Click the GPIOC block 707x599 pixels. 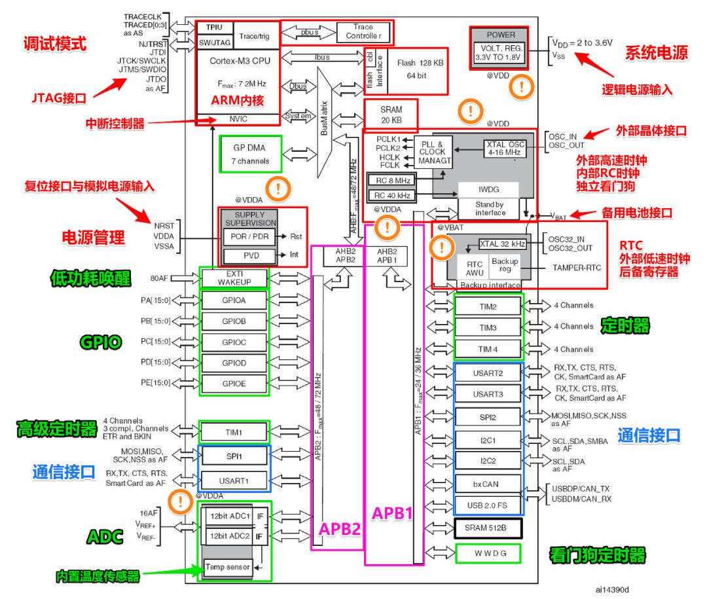click(x=234, y=342)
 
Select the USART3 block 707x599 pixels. click(x=488, y=394)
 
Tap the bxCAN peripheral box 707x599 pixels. click(x=488, y=484)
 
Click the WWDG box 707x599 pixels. click(x=488, y=553)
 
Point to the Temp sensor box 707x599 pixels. click(x=227, y=566)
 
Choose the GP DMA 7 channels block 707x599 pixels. click(x=249, y=154)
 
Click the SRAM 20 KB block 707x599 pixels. click(x=391, y=115)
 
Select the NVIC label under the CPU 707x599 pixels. click(x=238, y=118)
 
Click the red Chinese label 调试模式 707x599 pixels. click(x=55, y=45)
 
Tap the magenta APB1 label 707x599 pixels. click(x=392, y=514)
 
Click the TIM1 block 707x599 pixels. click(x=234, y=432)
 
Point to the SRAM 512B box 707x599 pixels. click(x=488, y=527)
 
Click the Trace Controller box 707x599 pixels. click(x=363, y=31)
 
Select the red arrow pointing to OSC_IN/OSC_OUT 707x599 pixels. click(x=595, y=134)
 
